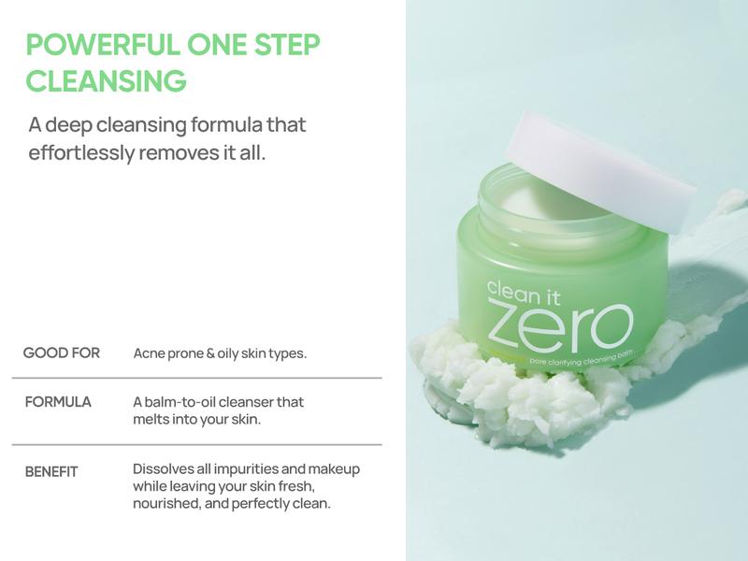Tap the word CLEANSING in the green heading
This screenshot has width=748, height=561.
tap(106, 81)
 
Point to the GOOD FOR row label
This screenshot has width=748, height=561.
tap(62, 353)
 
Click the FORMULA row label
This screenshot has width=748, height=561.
tap(58, 402)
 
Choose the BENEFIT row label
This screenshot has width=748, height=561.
tap(51, 471)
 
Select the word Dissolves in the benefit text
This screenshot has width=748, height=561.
tap(164, 468)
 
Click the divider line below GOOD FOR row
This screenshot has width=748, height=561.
tap(196, 378)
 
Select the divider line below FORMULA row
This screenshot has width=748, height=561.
tap(196, 444)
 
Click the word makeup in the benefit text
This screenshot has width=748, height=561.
tap(334, 468)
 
